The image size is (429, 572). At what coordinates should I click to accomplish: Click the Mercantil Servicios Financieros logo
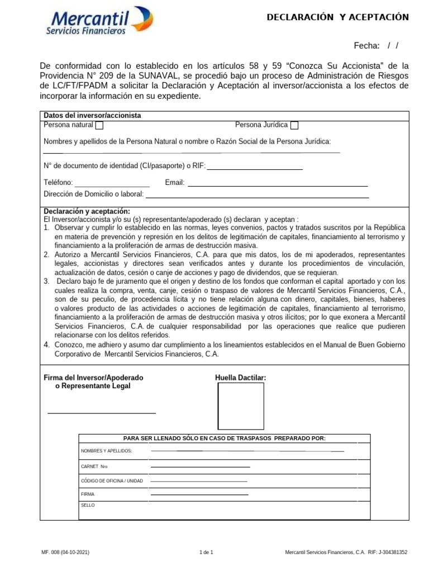click(x=99, y=21)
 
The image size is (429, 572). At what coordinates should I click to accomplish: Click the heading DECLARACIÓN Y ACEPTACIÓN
click(x=337, y=17)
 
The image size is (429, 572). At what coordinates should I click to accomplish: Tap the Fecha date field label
click(x=366, y=45)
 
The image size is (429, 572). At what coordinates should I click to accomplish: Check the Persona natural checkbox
click(x=99, y=125)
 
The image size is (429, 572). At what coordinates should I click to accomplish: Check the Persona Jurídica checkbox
click(x=294, y=125)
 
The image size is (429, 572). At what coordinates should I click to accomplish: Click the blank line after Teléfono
click(x=112, y=185)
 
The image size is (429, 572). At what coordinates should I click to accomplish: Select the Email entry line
click(x=278, y=185)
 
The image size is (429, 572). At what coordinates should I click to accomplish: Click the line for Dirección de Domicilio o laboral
click(x=257, y=197)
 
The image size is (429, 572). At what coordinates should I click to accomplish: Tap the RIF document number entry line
click(x=255, y=168)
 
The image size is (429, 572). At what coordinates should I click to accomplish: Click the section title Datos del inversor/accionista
click(x=92, y=116)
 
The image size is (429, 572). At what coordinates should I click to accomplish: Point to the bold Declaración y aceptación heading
click(x=87, y=211)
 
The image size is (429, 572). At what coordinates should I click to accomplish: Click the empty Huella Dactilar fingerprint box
click(x=240, y=406)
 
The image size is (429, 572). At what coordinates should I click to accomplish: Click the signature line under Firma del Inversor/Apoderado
click(x=102, y=413)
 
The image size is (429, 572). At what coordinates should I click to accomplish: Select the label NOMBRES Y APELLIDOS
click(x=107, y=451)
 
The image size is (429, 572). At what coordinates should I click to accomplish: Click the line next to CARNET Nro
click(x=200, y=466)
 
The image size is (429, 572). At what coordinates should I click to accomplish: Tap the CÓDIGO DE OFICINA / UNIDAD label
click(x=112, y=480)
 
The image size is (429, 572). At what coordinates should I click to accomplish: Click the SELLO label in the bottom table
click(x=88, y=505)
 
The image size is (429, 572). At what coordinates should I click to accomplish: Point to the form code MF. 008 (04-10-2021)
click(x=65, y=552)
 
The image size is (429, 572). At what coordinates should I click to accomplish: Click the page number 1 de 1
click(x=207, y=552)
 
